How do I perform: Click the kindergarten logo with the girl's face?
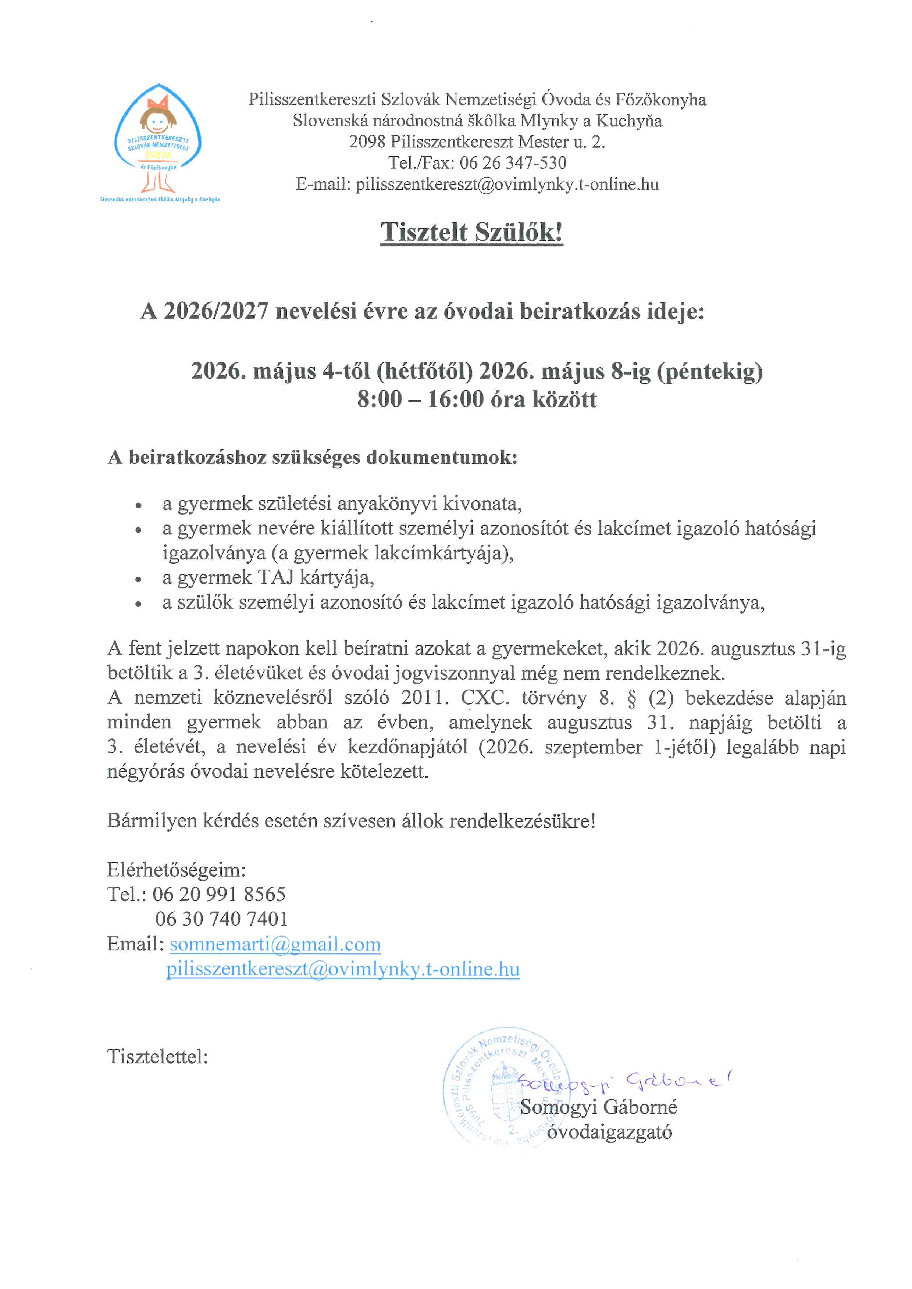click(158, 140)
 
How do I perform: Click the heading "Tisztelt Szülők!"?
click(472, 232)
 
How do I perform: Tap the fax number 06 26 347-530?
click(513, 163)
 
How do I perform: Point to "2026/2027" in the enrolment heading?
click(216, 311)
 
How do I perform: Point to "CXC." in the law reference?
click(485, 698)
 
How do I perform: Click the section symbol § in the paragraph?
click(632, 698)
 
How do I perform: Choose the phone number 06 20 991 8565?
click(219, 894)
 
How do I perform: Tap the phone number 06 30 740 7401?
click(221, 919)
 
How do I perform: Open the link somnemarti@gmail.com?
click(275, 944)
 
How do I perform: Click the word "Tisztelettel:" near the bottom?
click(158, 1057)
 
